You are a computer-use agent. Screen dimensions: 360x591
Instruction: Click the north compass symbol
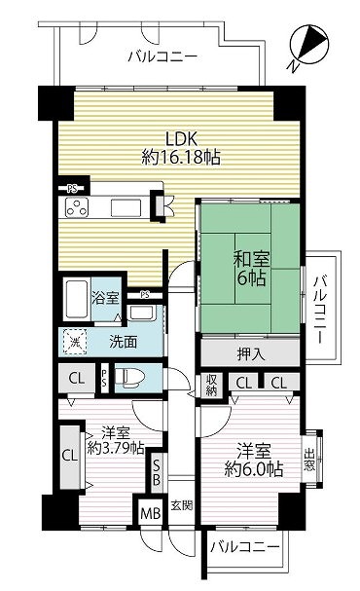[309, 46]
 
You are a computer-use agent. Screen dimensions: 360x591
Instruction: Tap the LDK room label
[182, 139]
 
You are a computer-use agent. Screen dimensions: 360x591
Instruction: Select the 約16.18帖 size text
[181, 157]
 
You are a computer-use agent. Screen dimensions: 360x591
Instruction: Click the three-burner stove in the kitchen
[77, 207]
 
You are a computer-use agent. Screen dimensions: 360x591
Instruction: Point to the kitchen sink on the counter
[126, 207]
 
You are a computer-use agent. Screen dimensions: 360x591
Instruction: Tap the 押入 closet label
[250, 354]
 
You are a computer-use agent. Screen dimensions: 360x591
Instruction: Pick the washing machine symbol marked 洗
[75, 342]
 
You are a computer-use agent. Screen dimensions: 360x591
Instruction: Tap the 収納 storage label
[211, 385]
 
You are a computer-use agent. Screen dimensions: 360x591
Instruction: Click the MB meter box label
[150, 512]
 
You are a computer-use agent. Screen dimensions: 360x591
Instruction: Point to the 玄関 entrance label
[182, 505]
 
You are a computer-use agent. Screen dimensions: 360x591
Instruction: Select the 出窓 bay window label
[309, 460]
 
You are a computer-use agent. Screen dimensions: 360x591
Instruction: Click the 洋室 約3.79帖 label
[116, 440]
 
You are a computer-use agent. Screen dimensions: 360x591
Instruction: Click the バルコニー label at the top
[162, 56]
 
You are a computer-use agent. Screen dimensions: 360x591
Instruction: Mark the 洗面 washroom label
[124, 342]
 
